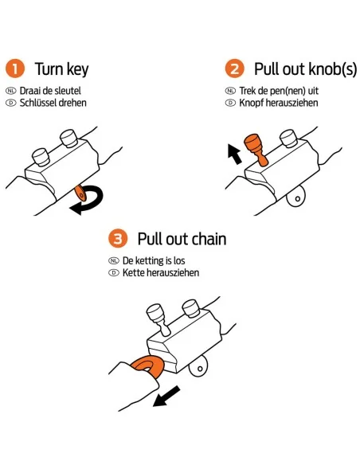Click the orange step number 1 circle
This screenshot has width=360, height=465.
point(14,68)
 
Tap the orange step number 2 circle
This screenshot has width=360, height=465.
point(235,68)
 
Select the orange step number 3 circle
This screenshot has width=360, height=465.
point(118,238)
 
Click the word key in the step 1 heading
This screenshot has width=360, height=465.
point(78,69)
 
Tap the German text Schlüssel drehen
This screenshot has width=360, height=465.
point(53,103)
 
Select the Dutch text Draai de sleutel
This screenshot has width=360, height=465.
point(50,91)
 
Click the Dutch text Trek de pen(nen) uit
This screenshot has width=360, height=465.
point(279,91)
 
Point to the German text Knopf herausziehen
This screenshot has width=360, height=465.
point(279,103)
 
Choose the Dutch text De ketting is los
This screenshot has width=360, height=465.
point(154,260)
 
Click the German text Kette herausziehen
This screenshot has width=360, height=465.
point(161,273)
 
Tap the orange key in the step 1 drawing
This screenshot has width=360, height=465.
point(80,193)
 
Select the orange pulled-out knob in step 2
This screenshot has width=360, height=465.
point(256,149)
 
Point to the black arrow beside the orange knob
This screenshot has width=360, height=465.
point(235,154)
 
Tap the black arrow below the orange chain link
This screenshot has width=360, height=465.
point(166,397)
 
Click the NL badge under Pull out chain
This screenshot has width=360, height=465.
point(114,260)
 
